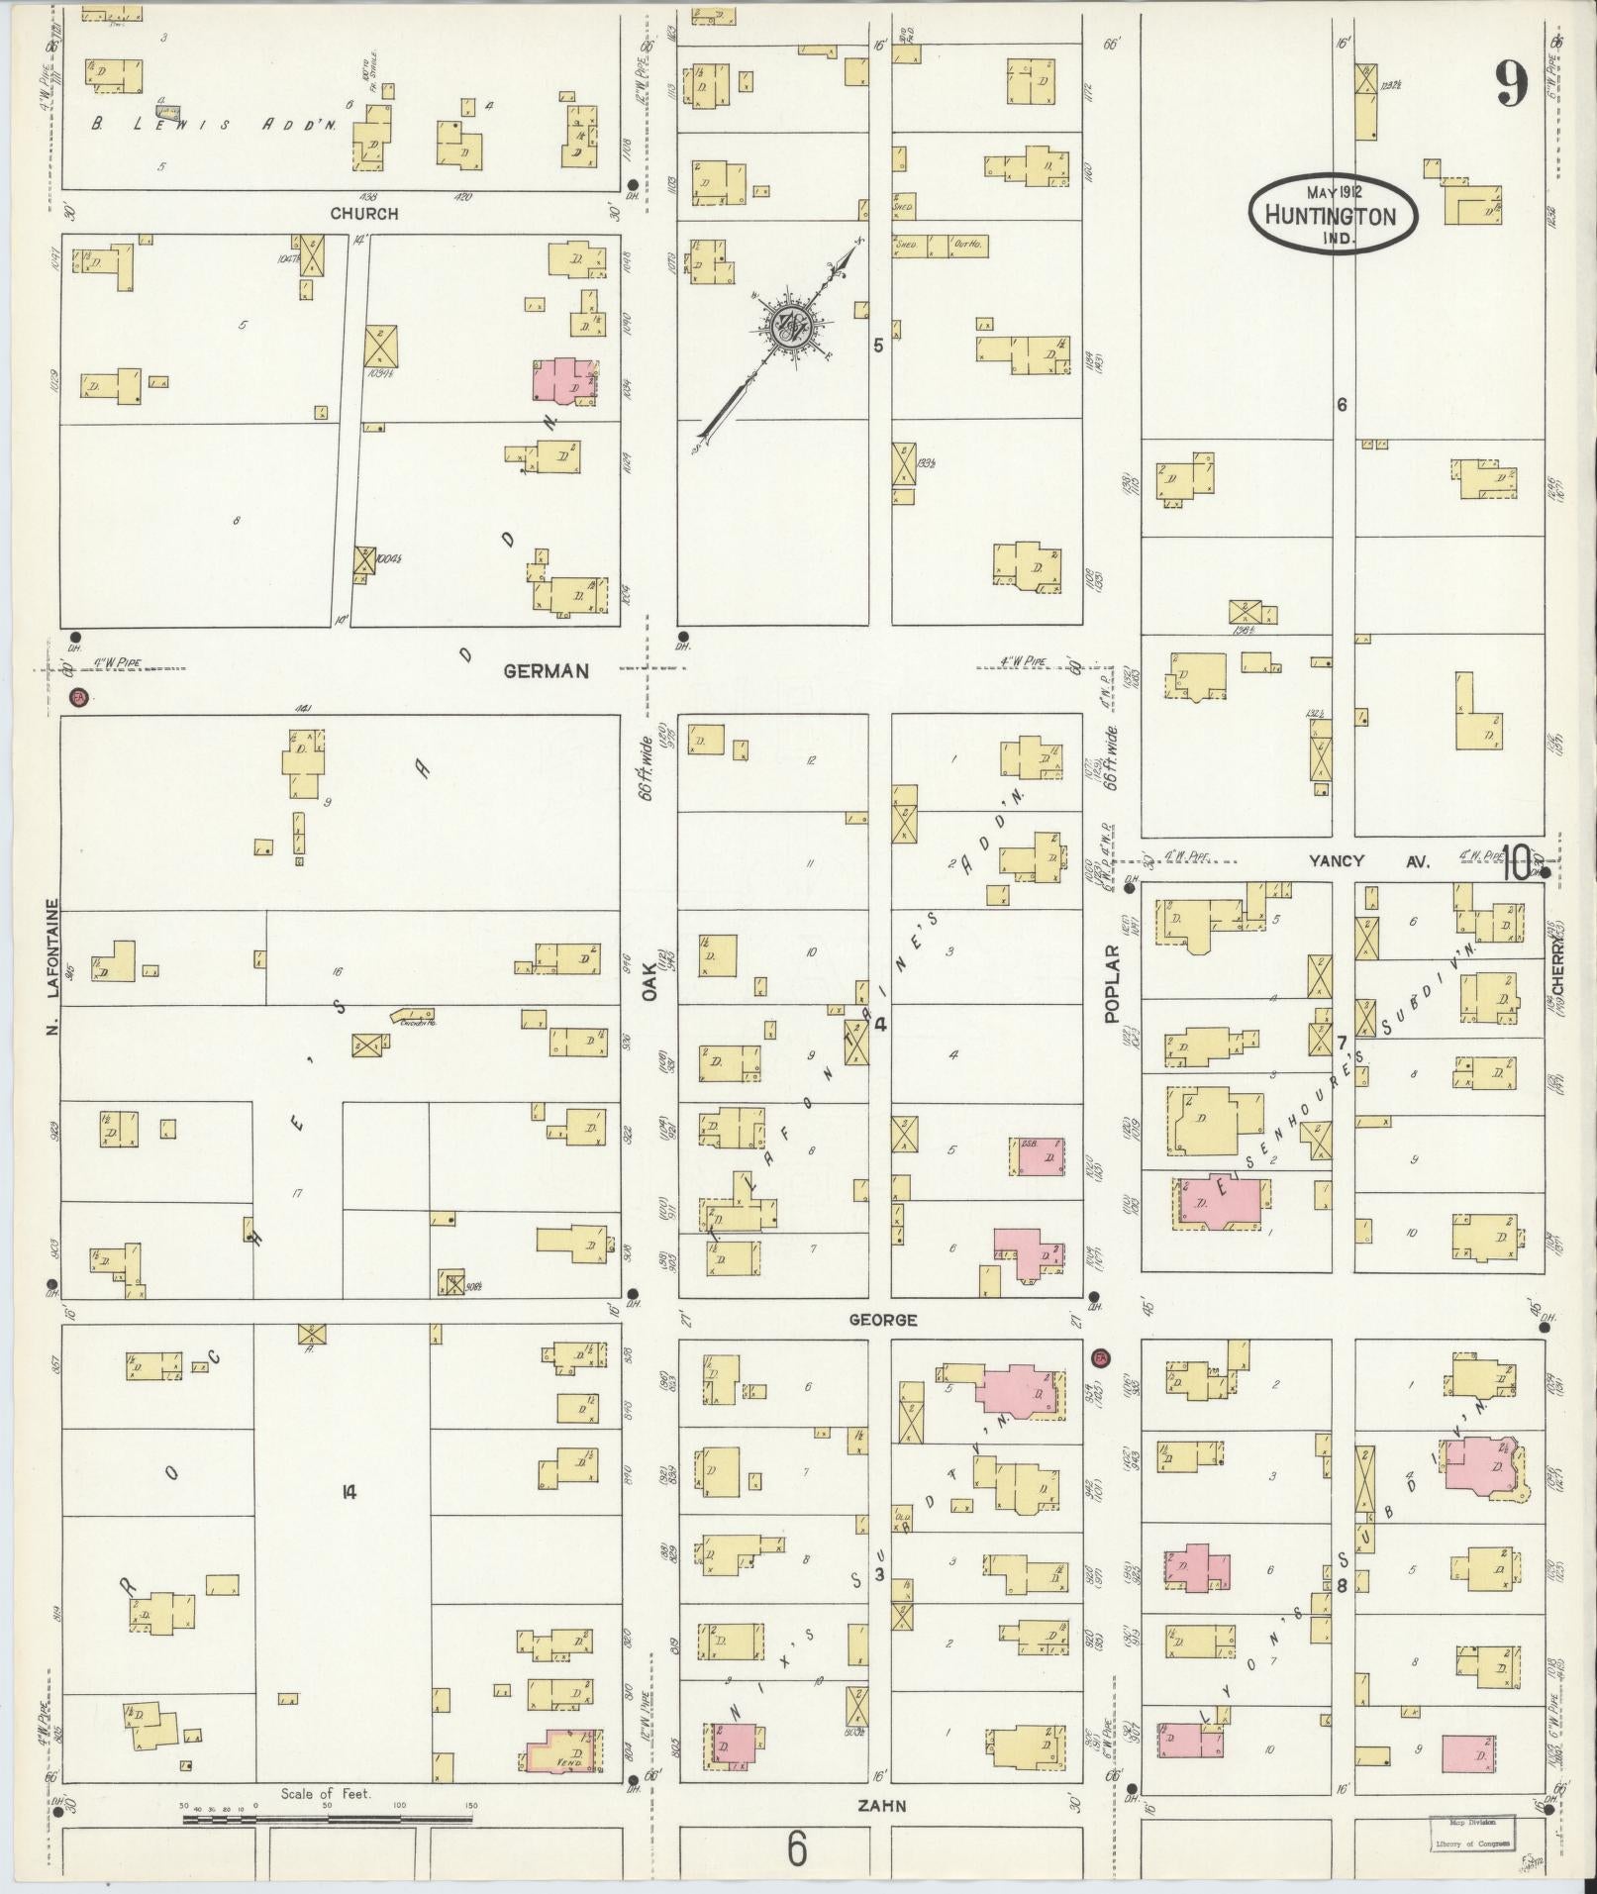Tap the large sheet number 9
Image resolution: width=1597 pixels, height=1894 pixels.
coord(1511,84)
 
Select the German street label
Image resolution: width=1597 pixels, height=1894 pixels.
coord(547,671)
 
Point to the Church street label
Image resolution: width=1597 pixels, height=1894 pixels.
coord(364,213)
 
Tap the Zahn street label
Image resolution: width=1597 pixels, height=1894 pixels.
coord(881,1805)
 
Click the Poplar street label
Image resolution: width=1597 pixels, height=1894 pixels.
coord(1111,983)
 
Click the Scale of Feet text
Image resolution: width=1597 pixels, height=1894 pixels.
coord(326,1793)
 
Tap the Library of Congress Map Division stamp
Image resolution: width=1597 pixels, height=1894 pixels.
coord(1469,1831)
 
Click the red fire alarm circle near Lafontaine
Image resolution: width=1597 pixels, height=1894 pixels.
coord(79,698)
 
